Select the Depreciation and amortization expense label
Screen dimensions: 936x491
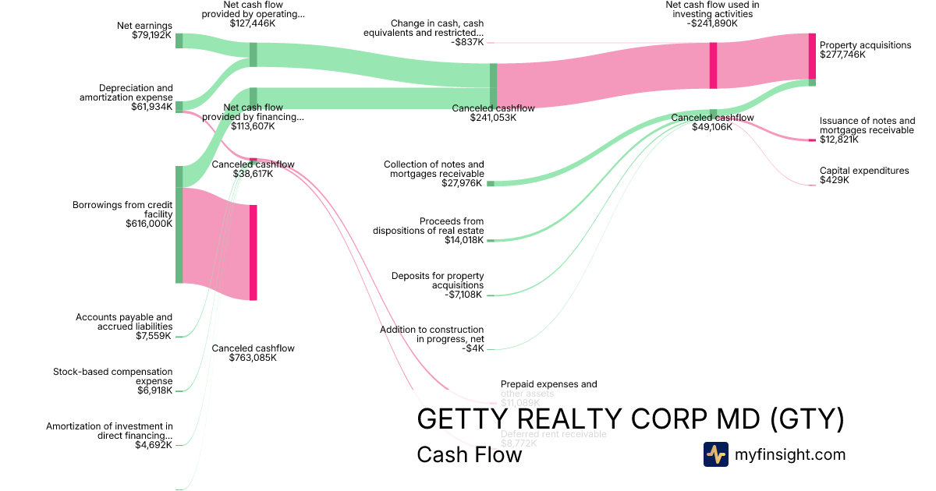point(126,97)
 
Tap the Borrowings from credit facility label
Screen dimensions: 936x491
point(122,214)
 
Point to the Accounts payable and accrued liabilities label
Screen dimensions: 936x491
point(124,327)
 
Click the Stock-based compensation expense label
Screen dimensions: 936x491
point(112,381)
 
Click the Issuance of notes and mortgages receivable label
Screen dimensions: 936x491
point(867,130)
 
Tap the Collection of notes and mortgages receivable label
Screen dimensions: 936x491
point(434,174)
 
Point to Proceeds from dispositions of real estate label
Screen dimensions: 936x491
point(428,231)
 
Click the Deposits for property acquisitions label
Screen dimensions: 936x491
point(438,285)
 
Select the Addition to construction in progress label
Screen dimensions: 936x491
point(431,339)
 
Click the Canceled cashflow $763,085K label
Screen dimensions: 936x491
point(253,353)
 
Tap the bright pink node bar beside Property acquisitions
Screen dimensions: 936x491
point(812,56)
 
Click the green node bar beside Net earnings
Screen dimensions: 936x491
point(179,41)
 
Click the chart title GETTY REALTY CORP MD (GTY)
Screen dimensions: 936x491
point(630,419)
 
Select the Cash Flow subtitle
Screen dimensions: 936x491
point(469,454)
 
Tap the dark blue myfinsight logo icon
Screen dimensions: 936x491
point(715,454)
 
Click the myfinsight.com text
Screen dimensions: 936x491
point(790,454)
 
